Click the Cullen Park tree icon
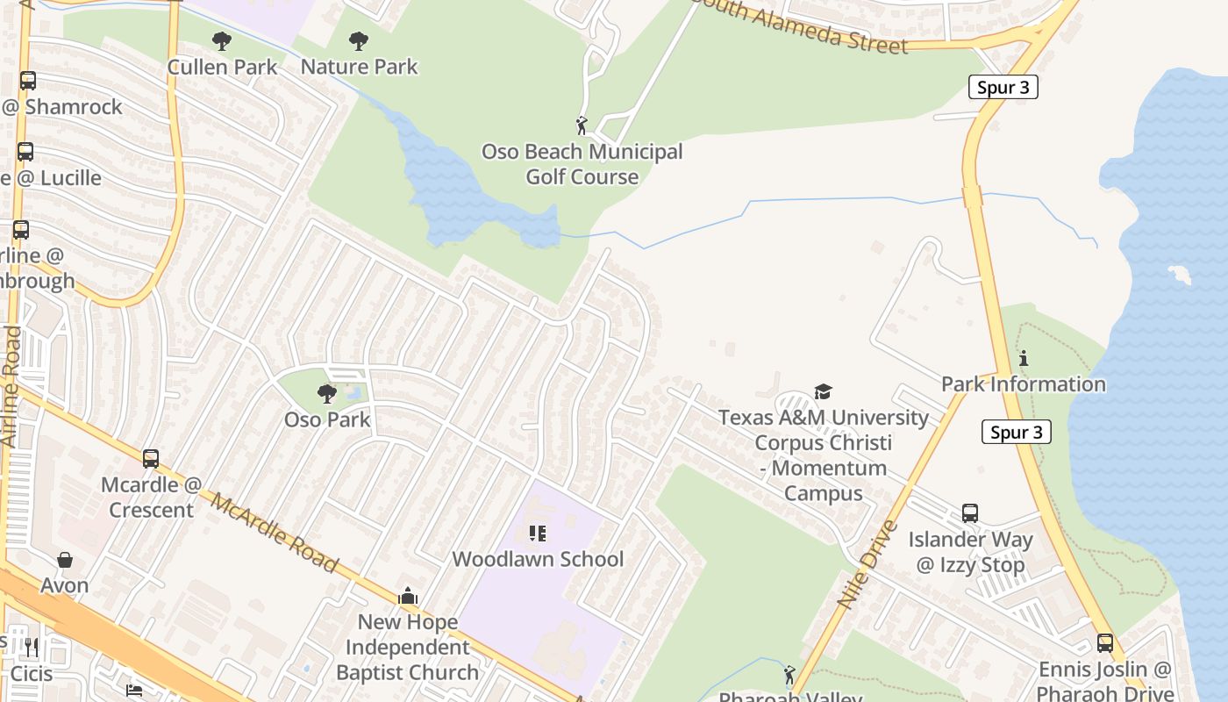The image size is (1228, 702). click(x=222, y=40)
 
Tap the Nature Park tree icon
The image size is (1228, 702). click(x=358, y=40)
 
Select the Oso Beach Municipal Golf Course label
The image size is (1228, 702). click(x=582, y=164)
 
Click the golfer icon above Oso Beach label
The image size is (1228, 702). click(x=582, y=125)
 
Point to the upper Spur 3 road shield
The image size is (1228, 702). click(x=1003, y=87)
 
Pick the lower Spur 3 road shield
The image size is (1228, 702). click(x=1017, y=432)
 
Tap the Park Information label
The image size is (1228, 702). click(x=1023, y=384)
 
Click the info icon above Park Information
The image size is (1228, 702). click(x=1023, y=358)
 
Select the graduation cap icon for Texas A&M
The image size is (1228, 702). click(x=823, y=391)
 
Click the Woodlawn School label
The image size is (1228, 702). click(x=538, y=559)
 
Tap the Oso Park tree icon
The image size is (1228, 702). click(x=327, y=394)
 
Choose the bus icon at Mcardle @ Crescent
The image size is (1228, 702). click(x=151, y=458)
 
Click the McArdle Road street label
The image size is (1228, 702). click(x=274, y=534)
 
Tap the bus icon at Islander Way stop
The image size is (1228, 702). click(x=969, y=513)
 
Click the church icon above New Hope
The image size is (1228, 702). click(x=408, y=597)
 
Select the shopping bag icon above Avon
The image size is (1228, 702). click(x=65, y=560)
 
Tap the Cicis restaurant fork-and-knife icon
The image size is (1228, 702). click(x=32, y=648)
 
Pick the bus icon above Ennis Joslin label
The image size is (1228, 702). click(x=1104, y=643)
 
